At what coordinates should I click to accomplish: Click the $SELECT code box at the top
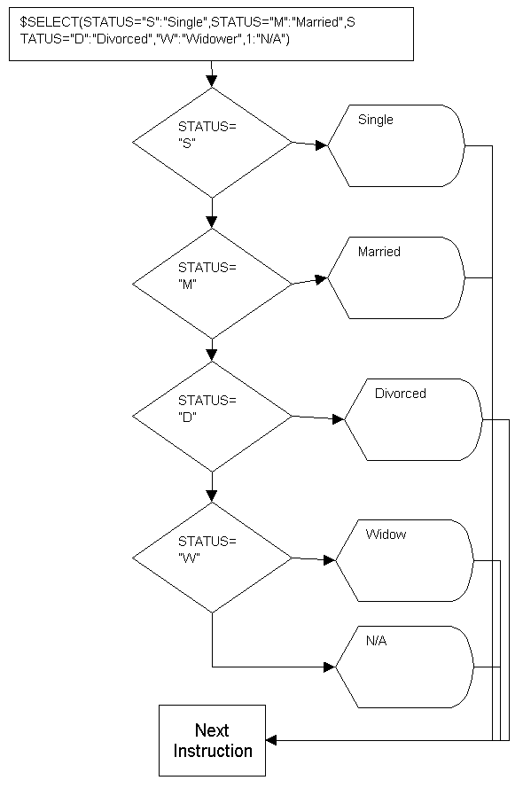(x=211, y=34)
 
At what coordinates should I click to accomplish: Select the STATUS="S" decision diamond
(x=212, y=143)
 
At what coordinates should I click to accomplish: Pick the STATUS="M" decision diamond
(x=212, y=284)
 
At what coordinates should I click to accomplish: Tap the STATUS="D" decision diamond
(x=212, y=417)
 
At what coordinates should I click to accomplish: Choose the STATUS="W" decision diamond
(x=212, y=558)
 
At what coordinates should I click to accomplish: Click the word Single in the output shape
(x=376, y=120)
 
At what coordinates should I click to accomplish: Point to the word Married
(x=379, y=251)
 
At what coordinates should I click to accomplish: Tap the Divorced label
(x=400, y=394)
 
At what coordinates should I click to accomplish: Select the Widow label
(x=386, y=534)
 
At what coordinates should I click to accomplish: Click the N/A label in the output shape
(x=376, y=641)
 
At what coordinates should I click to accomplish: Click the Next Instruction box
(x=212, y=740)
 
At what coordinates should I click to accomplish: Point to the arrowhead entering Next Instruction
(x=271, y=740)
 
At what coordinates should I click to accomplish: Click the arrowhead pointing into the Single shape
(x=322, y=145)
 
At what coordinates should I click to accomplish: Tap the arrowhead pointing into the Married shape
(x=322, y=279)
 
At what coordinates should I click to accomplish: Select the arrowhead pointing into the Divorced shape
(x=339, y=419)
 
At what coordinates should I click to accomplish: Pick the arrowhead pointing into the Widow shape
(x=330, y=560)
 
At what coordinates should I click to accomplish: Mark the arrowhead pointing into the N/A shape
(x=330, y=667)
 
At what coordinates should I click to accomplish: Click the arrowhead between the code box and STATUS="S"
(x=212, y=82)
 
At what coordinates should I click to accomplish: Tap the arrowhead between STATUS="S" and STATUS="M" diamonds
(x=212, y=222)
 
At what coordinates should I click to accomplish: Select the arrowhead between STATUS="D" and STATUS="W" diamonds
(x=212, y=496)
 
